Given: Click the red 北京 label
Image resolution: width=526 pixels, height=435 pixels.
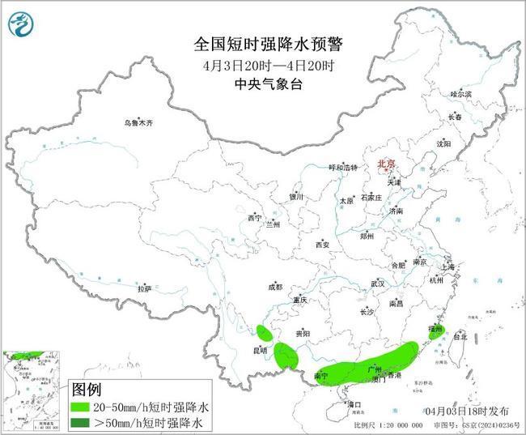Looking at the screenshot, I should click(x=386, y=164).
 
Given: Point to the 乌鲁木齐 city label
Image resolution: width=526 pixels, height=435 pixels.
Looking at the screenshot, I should click(x=138, y=122).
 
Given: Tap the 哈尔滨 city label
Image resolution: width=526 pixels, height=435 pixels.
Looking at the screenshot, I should click(x=460, y=95).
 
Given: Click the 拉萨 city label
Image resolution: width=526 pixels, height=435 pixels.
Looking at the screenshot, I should click(x=144, y=288).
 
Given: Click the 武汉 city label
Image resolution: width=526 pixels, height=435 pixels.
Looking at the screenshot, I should click(x=378, y=284).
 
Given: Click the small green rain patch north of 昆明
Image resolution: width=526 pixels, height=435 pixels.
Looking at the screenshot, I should click(x=264, y=331).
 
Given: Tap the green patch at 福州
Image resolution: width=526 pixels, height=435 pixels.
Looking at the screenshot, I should click(x=436, y=329).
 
